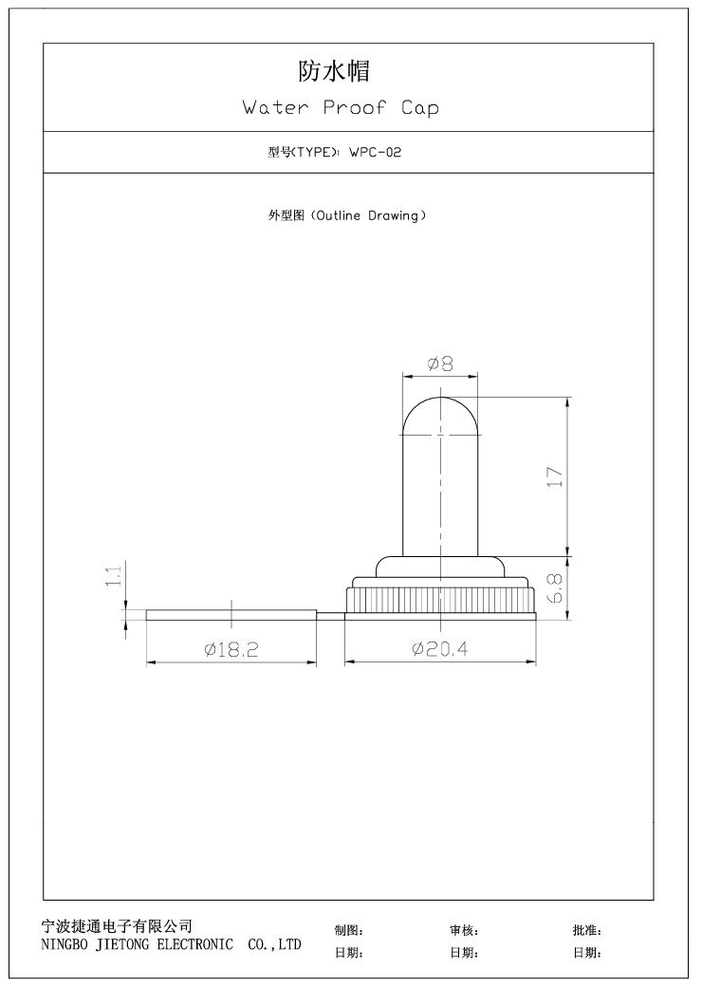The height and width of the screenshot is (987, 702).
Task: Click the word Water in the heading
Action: point(276,108)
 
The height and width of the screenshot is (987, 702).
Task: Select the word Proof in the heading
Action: point(355,108)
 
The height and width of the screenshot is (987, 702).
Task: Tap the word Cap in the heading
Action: point(419,108)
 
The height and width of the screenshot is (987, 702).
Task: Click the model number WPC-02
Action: point(375,152)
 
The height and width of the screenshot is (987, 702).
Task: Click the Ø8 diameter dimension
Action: point(440,363)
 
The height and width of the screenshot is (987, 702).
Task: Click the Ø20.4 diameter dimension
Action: point(440,649)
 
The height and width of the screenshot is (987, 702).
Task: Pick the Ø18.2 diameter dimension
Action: point(231,649)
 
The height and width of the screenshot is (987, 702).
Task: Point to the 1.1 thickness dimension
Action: point(113,576)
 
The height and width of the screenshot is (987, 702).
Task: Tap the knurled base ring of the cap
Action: point(440,600)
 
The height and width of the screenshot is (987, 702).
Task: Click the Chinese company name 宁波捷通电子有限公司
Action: point(118,925)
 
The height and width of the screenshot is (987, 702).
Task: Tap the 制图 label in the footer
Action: point(347,931)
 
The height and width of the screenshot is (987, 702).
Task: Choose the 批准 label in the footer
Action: point(586,931)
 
